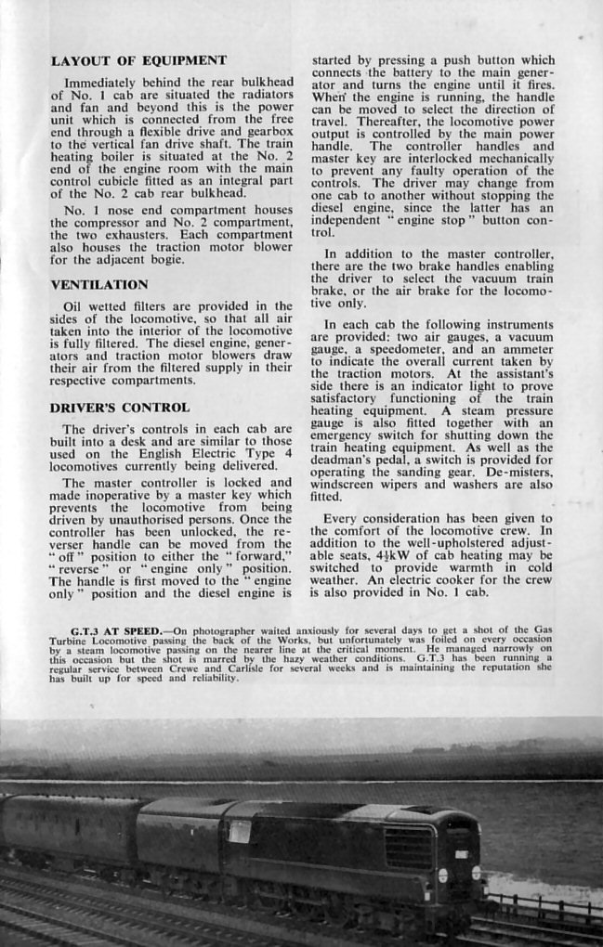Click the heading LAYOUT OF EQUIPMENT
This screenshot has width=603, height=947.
click(x=138, y=61)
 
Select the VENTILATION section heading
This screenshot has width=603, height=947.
click(x=99, y=284)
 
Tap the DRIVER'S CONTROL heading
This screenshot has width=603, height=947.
click(x=120, y=408)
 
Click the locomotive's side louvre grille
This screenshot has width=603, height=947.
click(x=408, y=847)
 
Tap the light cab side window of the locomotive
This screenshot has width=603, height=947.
click(x=239, y=831)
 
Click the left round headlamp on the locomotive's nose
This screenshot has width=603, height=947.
click(x=442, y=875)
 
